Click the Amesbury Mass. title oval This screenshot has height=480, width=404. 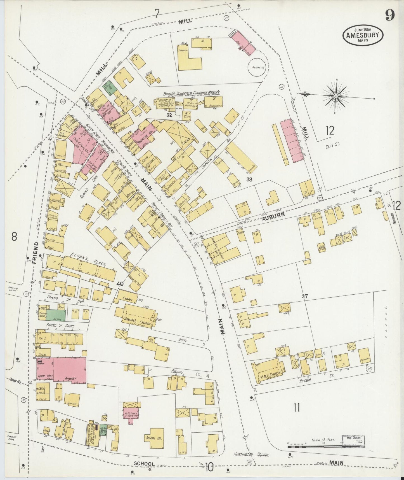363,35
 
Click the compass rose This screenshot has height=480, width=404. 336,96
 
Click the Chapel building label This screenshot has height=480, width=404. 127,299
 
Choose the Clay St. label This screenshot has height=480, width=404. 332,146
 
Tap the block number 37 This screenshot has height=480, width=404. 304,296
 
